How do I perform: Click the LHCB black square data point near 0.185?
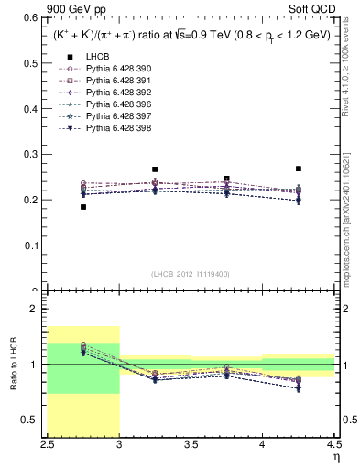[83, 207]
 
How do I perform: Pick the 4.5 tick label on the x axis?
[334, 444]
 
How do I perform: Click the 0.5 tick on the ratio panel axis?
[37, 420]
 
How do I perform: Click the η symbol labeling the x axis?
[336, 455]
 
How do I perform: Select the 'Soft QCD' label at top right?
[316, 7]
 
